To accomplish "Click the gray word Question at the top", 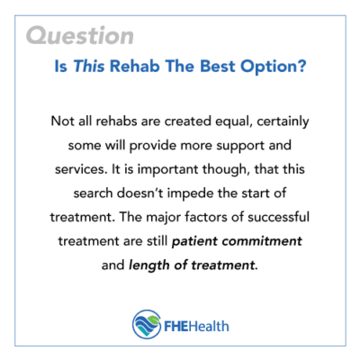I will pyautogui.click(x=80, y=37).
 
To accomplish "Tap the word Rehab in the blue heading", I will pyautogui.click(x=156, y=67).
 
